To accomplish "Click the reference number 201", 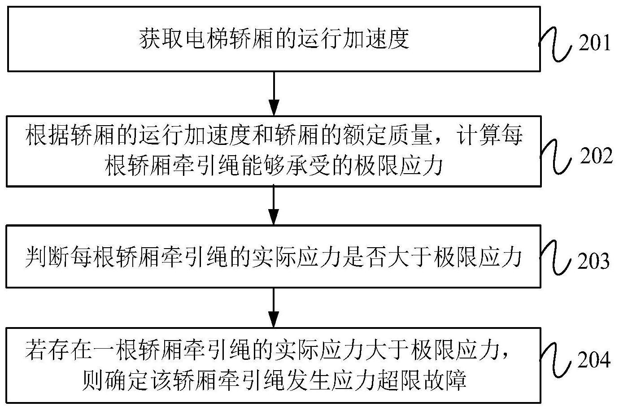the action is click(x=594, y=43).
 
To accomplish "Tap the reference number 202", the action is click(x=596, y=156).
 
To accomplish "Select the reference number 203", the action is click(x=593, y=260).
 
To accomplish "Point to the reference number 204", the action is click(x=594, y=359).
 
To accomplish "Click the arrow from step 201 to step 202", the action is click(x=274, y=94).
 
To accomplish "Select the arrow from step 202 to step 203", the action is click(x=274, y=206).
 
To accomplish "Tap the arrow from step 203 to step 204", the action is click(x=274, y=308).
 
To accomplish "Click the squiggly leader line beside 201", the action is click(x=555, y=44).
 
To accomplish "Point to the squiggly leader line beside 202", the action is click(x=555, y=157).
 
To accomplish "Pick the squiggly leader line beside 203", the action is click(x=555, y=258).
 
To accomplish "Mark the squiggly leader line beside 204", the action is click(x=555, y=360).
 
